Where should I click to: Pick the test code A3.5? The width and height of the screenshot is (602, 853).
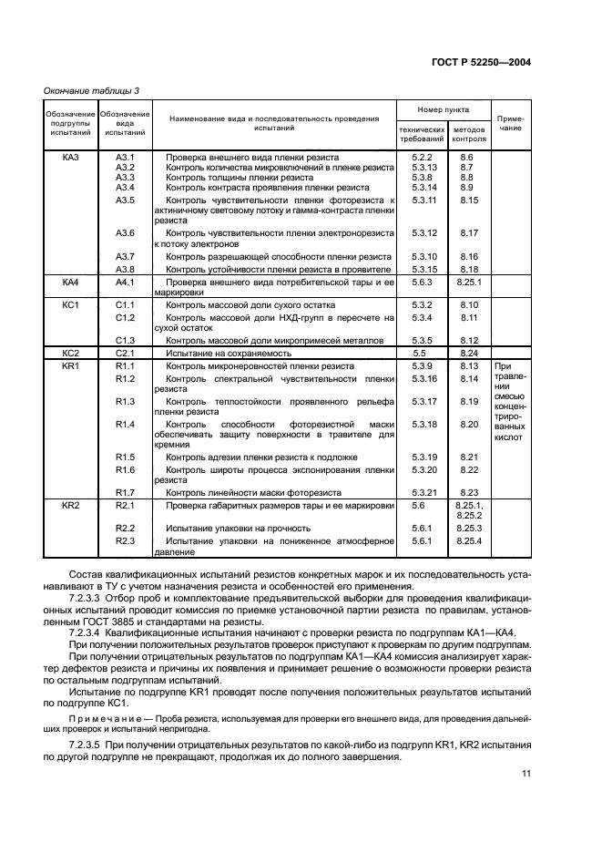click(x=126, y=200)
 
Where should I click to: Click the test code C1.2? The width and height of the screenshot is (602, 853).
click(x=126, y=317)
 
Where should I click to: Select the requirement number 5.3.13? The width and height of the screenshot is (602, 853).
click(x=424, y=168)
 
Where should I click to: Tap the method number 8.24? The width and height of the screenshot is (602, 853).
click(x=469, y=352)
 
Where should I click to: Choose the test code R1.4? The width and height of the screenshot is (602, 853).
click(x=126, y=425)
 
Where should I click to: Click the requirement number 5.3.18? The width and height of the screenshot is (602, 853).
click(x=424, y=425)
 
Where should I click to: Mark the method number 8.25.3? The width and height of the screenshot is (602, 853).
click(x=469, y=528)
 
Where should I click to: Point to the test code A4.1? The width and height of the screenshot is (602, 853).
click(x=126, y=283)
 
